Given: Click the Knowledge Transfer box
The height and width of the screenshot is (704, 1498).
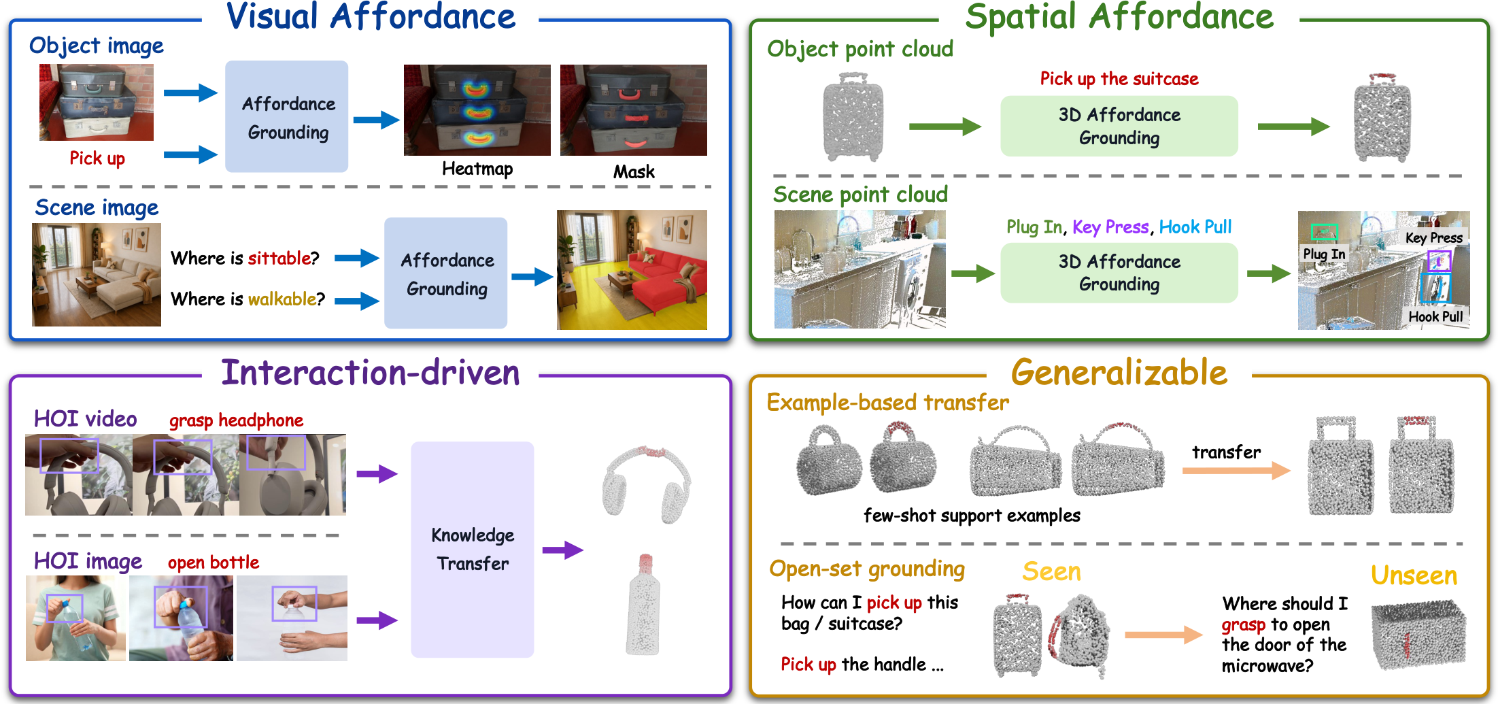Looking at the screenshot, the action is [472, 549].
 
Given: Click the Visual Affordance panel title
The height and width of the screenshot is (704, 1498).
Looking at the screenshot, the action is [371, 16].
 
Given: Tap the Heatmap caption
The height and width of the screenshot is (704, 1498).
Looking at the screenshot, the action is [477, 169].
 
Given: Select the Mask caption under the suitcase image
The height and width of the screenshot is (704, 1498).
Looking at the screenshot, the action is [634, 171].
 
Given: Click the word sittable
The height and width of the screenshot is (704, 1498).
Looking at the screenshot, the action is [279, 258].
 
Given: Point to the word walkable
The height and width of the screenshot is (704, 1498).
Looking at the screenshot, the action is [282, 299].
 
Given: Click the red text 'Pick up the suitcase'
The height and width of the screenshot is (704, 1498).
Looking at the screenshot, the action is [1119, 79].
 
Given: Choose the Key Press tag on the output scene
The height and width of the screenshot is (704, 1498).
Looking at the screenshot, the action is [1434, 237].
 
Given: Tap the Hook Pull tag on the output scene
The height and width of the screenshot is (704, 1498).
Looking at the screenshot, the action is [1435, 316].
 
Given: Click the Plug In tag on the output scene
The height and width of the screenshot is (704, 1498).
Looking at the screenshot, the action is [1324, 254].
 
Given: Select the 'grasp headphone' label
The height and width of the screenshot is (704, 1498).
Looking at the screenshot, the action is [236, 420].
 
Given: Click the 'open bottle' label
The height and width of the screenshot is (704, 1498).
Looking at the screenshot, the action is [214, 563].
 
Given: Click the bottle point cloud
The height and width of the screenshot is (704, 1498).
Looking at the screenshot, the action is [643, 605].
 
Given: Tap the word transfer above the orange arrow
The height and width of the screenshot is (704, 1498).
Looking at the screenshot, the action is [1226, 452].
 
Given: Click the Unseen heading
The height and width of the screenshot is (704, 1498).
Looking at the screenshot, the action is [1414, 575].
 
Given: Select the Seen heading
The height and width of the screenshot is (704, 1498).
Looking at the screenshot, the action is [1051, 571].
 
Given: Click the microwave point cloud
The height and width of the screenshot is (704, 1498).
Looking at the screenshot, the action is [1418, 635].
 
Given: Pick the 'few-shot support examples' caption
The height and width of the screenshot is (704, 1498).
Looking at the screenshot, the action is [972, 516].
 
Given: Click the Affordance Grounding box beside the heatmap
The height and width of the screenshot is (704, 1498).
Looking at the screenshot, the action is [287, 116].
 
